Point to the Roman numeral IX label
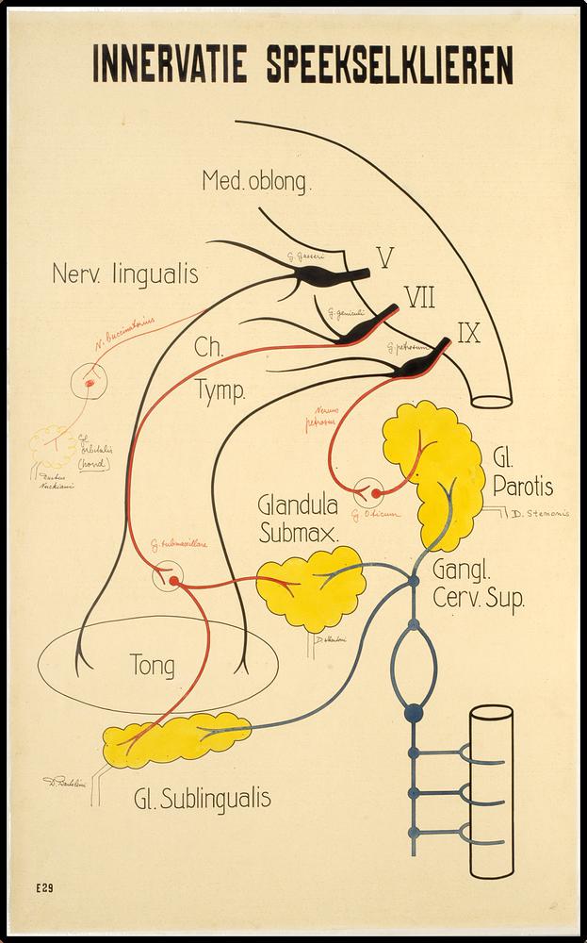click(469, 332)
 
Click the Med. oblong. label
click(254, 181)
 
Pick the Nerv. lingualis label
click(125, 274)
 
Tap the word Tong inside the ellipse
click(152, 666)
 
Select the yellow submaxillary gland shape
click(311, 590)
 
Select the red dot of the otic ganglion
click(376, 492)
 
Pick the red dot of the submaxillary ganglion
click(173, 580)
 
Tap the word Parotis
click(522, 487)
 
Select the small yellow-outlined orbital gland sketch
click(54, 445)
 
